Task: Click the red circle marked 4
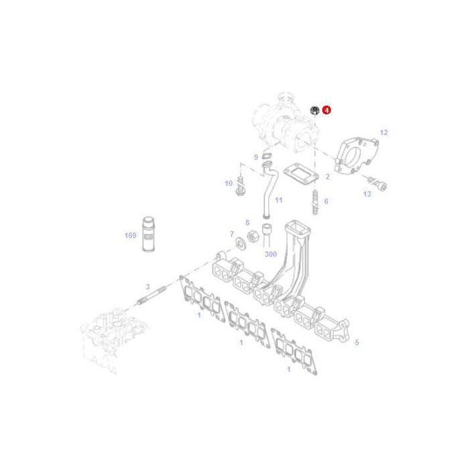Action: pyautogui.click(x=326, y=109)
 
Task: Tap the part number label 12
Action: pyautogui.click(x=384, y=133)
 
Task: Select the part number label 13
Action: pyautogui.click(x=367, y=194)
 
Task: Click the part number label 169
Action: pyautogui.click(x=130, y=235)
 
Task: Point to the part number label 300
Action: pyautogui.click(x=270, y=255)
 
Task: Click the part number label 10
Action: pyautogui.click(x=228, y=183)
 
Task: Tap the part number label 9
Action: pyautogui.click(x=255, y=157)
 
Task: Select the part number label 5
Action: pyautogui.click(x=357, y=342)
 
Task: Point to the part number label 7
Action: pyautogui.click(x=232, y=234)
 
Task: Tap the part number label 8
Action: pyautogui.click(x=247, y=223)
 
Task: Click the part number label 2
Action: pyautogui.click(x=328, y=177)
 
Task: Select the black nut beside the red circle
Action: pyautogui.click(x=314, y=110)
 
